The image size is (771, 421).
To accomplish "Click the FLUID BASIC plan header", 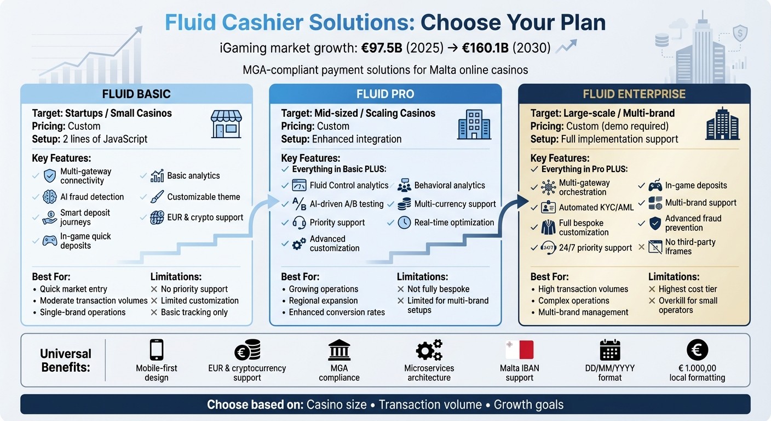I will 136,94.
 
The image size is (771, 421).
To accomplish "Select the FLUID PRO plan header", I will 385,94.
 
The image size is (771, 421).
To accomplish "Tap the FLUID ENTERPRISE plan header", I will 634,94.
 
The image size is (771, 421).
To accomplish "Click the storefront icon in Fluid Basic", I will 226,123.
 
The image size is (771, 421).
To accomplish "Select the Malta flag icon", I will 519,350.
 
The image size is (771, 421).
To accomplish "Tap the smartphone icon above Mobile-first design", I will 157,350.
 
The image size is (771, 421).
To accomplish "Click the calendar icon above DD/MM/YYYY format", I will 609,350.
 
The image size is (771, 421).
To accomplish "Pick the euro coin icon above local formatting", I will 697,350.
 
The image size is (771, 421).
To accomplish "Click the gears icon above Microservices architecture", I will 429,350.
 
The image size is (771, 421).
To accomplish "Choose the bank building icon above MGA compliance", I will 339,350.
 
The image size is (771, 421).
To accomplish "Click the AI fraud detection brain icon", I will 50,197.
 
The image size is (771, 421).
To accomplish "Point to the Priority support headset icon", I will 299,223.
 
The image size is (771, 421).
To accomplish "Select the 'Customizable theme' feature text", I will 203,197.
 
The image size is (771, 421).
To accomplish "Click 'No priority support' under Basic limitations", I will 194,289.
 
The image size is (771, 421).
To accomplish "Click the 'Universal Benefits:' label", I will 66,360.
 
